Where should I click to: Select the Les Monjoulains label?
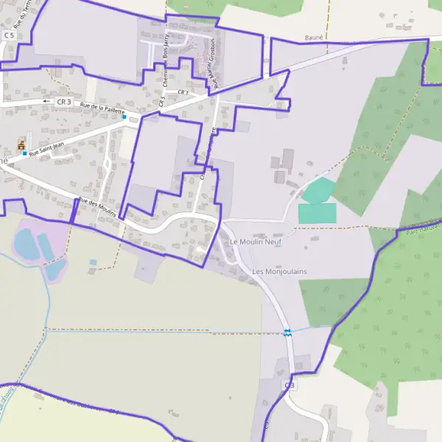click(279, 272)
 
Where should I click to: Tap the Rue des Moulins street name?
click(98, 203)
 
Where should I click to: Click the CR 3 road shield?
click(64, 101)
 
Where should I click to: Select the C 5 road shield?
click(10, 35)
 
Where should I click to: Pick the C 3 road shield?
click(290, 385)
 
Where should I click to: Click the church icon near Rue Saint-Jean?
click(21, 142)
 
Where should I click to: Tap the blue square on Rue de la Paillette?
click(124, 117)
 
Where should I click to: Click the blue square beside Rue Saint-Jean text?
click(24, 153)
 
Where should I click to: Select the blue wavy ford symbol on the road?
click(287, 332)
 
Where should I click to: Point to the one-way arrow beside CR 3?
click(46, 101)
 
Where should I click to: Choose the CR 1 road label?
click(182, 91)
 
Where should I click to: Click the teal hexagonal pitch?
click(318, 191)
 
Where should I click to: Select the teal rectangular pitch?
click(317, 214)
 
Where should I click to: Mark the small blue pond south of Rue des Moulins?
click(93, 262)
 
